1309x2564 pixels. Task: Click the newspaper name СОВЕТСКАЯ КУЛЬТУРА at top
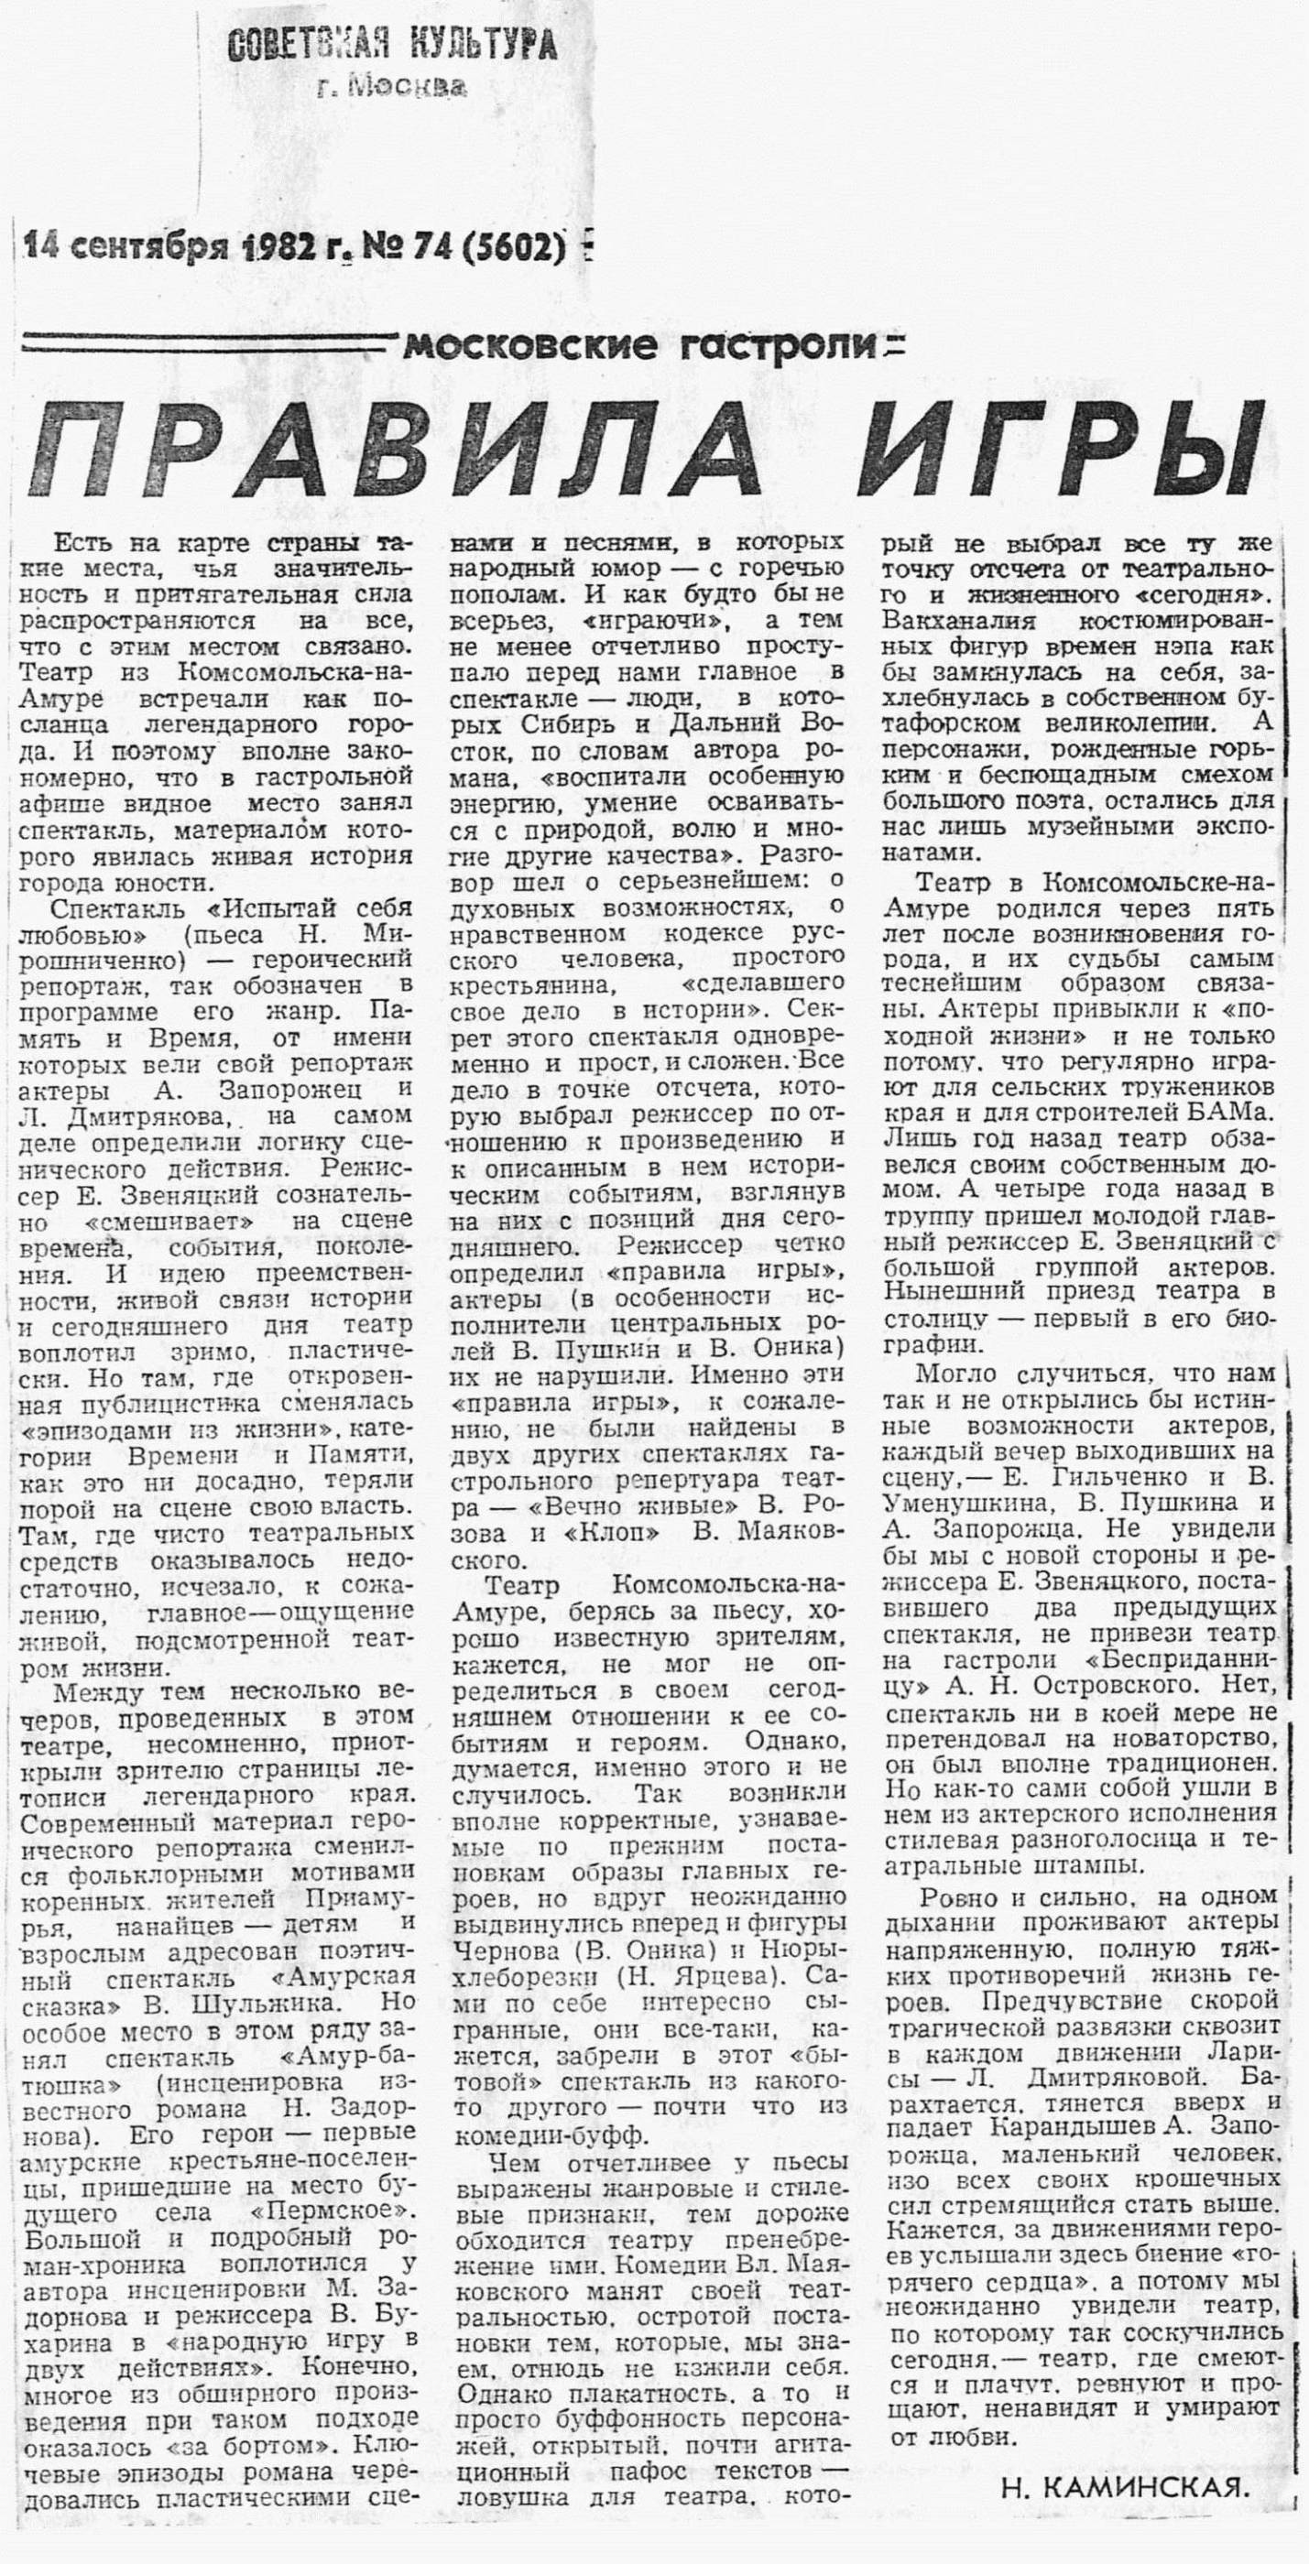392,46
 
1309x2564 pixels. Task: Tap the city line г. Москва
391,88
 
